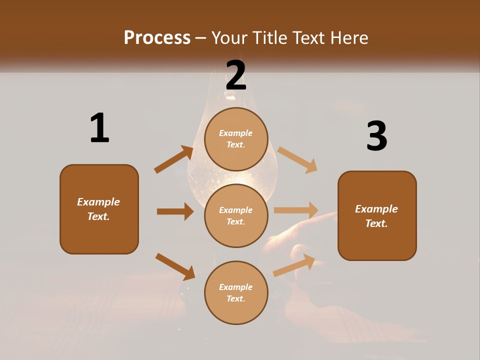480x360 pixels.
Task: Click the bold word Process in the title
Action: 157,38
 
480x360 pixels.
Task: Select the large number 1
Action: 99,128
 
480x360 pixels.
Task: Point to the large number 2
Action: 236,75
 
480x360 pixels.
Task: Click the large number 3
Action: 376,136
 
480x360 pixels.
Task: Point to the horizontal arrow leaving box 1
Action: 175,211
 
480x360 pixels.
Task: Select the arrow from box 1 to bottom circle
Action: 175,266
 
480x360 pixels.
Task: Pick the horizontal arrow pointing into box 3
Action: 296,210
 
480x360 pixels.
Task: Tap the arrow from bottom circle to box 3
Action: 294,265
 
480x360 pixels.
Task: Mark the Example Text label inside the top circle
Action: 236,139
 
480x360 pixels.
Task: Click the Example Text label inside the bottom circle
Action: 236,293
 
